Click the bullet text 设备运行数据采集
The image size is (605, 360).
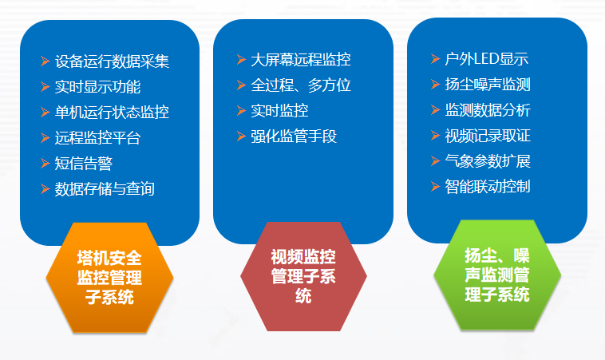tap(112, 61)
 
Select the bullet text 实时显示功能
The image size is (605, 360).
tap(97, 87)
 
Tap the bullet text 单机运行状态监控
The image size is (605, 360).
tap(112, 113)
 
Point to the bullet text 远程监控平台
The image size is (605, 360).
tap(97, 138)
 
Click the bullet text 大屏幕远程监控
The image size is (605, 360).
tap(300, 60)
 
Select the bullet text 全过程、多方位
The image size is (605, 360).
tap(300, 85)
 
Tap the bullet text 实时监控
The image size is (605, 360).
tap(279, 111)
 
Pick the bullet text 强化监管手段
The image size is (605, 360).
tap(294, 136)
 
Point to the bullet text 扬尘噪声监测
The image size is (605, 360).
tap(488, 85)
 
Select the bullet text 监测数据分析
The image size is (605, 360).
tap(488, 110)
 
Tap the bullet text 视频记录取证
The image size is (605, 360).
tap(488, 136)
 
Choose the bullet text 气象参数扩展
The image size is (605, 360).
tap(488, 161)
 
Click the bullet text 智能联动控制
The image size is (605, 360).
tap(488, 187)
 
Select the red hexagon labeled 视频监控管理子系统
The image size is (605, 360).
tap(303, 276)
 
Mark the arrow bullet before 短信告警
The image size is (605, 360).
tap(45, 164)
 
